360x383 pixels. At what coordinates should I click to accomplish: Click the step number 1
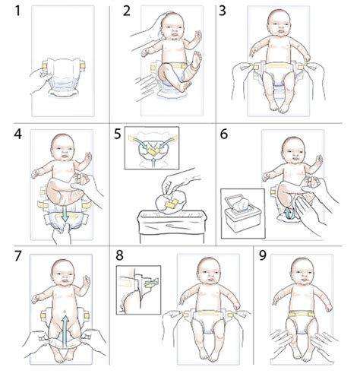(17, 11)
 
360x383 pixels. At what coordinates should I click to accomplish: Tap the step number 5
(118, 134)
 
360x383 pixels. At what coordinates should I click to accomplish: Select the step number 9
(263, 255)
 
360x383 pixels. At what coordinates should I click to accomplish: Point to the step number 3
(223, 11)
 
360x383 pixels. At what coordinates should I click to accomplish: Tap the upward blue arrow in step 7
(65, 328)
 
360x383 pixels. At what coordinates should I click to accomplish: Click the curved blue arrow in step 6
(289, 214)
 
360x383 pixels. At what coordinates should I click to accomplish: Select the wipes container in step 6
(243, 214)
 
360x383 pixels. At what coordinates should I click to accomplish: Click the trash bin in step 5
(172, 226)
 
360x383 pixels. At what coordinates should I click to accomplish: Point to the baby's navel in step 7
(65, 311)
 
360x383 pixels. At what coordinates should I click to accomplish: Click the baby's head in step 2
(172, 25)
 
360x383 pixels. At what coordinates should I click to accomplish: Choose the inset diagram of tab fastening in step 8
(138, 290)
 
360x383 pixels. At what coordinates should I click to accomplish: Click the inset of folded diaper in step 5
(152, 148)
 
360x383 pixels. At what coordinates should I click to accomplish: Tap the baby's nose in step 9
(302, 276)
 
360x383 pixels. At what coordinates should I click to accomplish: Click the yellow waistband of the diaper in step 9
(302, 314)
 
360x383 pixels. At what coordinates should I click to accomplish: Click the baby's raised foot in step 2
(197, 60)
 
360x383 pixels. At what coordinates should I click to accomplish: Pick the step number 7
(17, 255)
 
